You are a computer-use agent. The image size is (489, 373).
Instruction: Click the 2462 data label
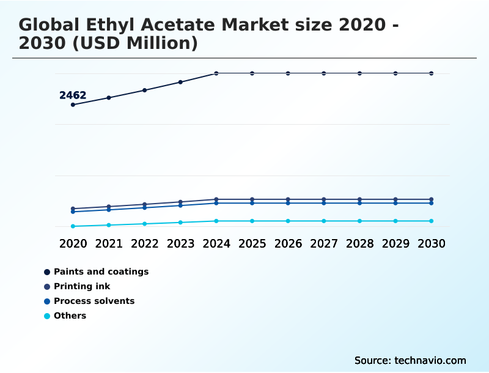point(73,95)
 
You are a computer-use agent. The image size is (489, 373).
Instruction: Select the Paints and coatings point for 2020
point(73,105)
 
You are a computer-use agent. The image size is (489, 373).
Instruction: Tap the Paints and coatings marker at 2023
point(180,82)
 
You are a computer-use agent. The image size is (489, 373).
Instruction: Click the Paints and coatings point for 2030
point(431,73)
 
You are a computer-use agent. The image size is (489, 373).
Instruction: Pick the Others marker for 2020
point(73,226)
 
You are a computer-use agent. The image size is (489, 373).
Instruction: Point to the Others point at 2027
point(324,221)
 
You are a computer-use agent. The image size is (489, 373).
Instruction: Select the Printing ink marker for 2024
point(216,199)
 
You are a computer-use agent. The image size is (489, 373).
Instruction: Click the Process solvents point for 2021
point(109,210)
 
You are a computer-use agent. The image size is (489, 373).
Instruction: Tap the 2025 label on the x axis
point(252,243)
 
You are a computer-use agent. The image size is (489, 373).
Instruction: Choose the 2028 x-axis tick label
point(359,243)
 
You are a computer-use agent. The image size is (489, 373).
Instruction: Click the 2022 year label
point(145,243)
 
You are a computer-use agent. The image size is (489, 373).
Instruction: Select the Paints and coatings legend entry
point(101,271)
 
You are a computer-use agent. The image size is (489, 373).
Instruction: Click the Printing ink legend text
point(82,286)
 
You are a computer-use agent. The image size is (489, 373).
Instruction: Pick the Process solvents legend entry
point(94,301)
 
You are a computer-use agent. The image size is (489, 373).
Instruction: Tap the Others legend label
point(70,316)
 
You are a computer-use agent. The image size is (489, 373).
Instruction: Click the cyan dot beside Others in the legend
point(47,316)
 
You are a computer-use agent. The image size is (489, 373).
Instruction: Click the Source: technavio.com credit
point(410,360)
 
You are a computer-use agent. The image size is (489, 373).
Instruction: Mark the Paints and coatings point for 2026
point(288,73)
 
